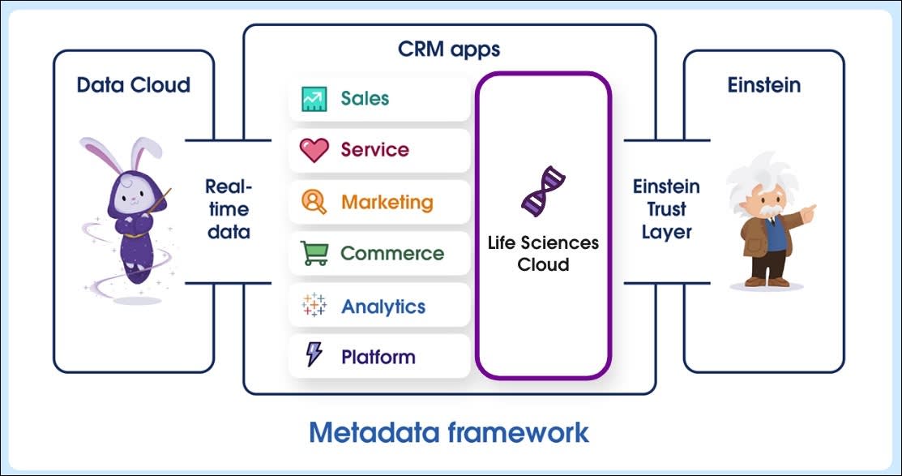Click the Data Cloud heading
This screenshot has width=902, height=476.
pos(134,85)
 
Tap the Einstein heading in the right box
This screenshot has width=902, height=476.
pos(763,85)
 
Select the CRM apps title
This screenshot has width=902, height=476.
pos(449,49)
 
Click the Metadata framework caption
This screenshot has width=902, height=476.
pos(449,431)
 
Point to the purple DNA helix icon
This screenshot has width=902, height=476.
pos(542,193)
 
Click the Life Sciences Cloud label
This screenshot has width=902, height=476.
pos(543,254)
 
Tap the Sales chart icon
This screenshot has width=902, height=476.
pos(314,99)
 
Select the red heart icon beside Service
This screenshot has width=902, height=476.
pos(314,150)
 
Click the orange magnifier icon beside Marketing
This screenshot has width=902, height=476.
pos(314,202)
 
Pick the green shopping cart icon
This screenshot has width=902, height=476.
pos(314,253)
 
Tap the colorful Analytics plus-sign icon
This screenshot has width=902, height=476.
pos(314,306)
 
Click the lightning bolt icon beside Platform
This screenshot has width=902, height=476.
pos(314,355)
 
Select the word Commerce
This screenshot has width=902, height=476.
pos(392,253)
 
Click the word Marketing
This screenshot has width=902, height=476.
pos(387,202)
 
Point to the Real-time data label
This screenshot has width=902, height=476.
pos(228,209)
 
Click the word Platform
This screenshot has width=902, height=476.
pos(378,357)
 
